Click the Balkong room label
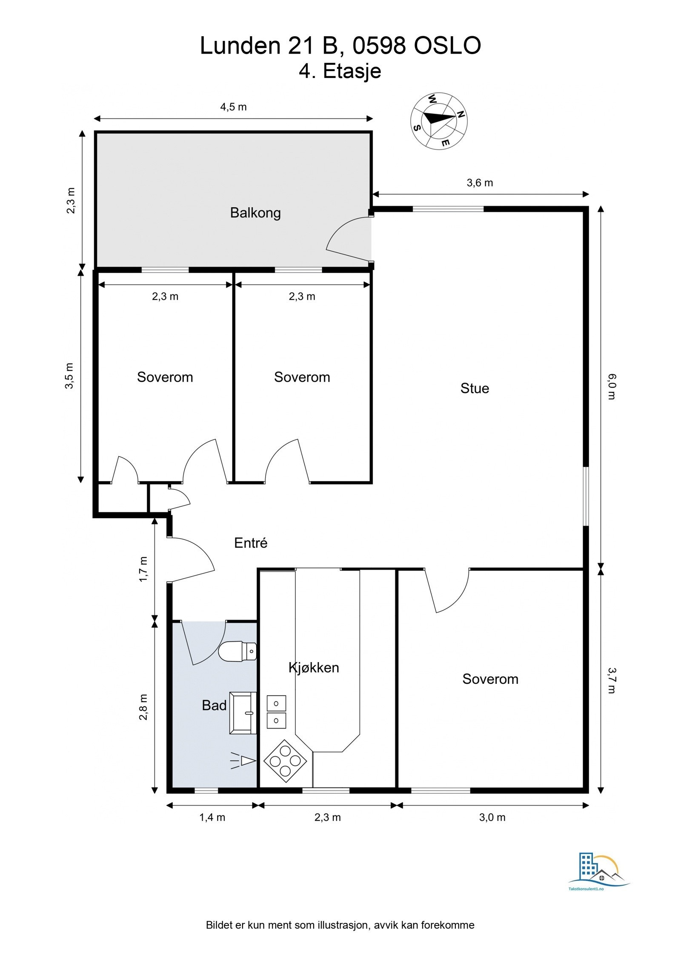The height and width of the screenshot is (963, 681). (x=255, y=212)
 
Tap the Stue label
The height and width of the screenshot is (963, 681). (x=475, y=388)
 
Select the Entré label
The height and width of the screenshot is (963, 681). (x=251, y=543)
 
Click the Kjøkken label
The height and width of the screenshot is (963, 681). (x=314, y=667)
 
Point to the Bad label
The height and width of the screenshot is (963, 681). (x=214, y=705)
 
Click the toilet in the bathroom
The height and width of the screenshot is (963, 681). (x=237, y=652)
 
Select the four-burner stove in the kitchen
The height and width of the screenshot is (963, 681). (x=285, y=761)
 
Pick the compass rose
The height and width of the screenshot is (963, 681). (x=439, y=121)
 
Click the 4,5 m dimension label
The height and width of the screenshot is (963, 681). (x=233, y=107)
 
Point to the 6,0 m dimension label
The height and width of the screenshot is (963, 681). (x=612, y=386)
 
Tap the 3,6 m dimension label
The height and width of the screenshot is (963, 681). (x=480, y=183)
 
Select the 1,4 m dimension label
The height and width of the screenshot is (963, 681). (x=212, y=817)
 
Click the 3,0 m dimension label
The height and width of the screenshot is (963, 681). (x=492, y=817)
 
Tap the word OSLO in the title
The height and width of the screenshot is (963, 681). (x=447, y=46)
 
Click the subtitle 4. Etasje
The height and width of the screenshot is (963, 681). (x=340, y=71)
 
